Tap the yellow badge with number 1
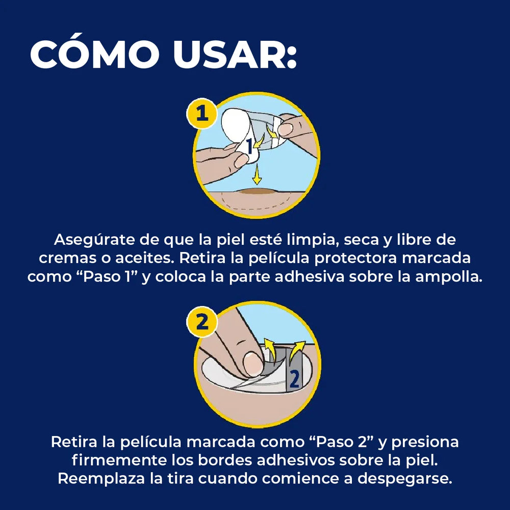(202, 114)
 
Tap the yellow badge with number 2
(202, 322)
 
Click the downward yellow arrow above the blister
(257, 174)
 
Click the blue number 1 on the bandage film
(249, 146)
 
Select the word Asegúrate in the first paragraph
(94, 240)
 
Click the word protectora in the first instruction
(355, 259)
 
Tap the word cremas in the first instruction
(67, 259)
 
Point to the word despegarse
(404, 479)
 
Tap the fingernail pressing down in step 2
(253, 364)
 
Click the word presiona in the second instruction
(425, 442)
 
